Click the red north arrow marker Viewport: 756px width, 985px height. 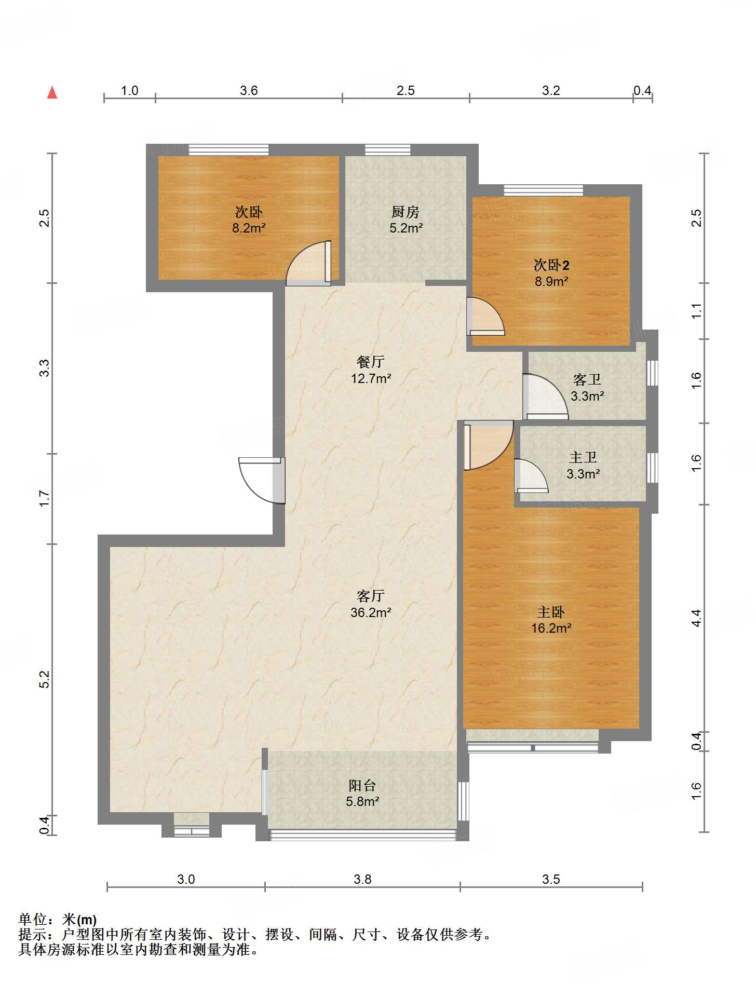[x=52, y=92]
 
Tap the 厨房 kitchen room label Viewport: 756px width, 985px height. [x=406, y=212]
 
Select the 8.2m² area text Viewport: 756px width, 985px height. [x=249, y=228]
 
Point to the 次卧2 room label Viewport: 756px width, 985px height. [x=551, y=265]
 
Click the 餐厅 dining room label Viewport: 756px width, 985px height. [x=371, y=362]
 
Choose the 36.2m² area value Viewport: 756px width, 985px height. [x=371, y=612]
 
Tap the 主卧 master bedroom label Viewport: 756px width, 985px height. [x=551, y=612]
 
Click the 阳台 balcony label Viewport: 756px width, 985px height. [x=362, y=785]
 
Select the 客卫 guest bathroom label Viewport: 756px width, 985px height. [x=587, y=380]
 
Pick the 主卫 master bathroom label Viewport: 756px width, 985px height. [x=583, y=457]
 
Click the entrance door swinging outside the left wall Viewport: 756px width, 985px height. [x=262, y=480]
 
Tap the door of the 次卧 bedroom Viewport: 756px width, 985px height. [x=309, y=263]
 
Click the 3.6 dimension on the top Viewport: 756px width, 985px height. [x=249, y=91]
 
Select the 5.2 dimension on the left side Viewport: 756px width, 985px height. [x=45, y=679]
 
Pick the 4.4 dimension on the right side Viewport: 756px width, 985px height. [x=696, y=618]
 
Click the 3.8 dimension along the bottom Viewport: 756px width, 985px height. [x=362, y=879]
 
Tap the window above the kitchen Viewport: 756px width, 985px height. [x=387, y=150]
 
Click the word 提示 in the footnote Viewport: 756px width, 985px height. [x=32, y=935]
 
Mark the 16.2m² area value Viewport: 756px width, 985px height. [x=551, y=628]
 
